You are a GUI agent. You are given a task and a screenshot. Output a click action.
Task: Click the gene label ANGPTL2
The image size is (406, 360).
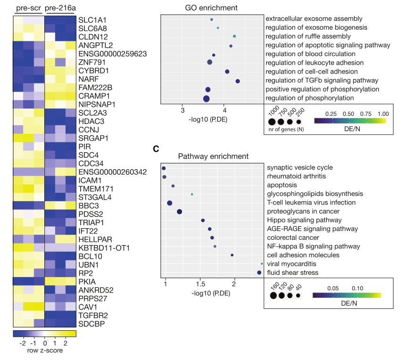click(96, 45)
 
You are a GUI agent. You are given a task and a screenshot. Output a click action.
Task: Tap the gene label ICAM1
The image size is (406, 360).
click(91, 180)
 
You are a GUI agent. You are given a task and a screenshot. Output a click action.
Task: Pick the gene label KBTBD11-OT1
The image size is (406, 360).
click(104, 247)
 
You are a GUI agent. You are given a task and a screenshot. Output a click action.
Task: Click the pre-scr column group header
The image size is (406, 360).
click(28, 8)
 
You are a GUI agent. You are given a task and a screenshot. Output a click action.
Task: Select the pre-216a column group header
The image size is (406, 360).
click(60, 8)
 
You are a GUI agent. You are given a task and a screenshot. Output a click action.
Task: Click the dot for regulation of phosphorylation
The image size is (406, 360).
click(206, 98)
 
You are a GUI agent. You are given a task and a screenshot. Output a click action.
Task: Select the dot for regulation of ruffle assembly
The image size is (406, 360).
click(234, 36)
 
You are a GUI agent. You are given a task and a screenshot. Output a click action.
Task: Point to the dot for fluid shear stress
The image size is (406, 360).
click(259, 272)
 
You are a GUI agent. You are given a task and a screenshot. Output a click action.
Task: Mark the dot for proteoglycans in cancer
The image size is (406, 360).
click(179, 212)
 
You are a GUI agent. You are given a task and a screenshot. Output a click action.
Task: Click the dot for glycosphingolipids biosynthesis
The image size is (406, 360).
click(192, 194)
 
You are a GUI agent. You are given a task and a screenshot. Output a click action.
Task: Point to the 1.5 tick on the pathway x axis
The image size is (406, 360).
click(200, 285)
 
